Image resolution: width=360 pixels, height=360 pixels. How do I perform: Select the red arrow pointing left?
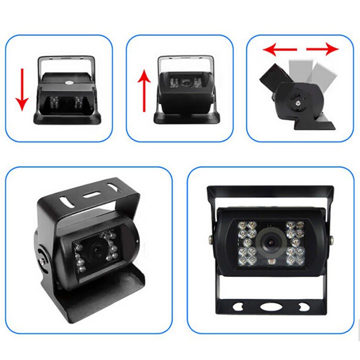280,49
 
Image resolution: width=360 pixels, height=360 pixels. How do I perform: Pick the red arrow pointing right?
322,49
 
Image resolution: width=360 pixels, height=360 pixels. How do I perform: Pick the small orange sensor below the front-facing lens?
270,262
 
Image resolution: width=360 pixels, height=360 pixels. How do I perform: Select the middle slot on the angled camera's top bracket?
89,194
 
